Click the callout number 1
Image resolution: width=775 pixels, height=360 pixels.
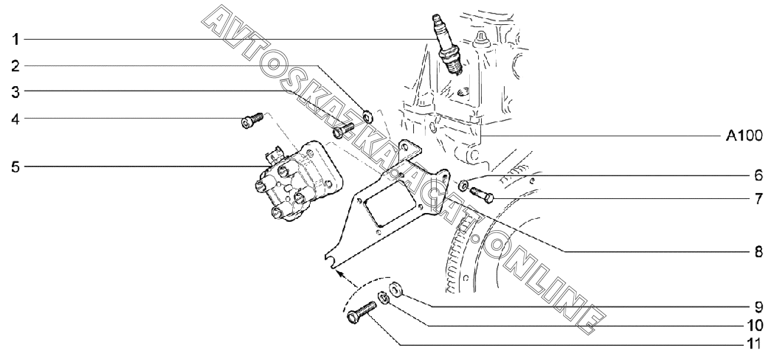17,40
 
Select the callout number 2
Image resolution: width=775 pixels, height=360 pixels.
17,66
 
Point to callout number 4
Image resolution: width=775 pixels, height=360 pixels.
17,119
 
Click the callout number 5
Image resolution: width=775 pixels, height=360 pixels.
17,167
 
